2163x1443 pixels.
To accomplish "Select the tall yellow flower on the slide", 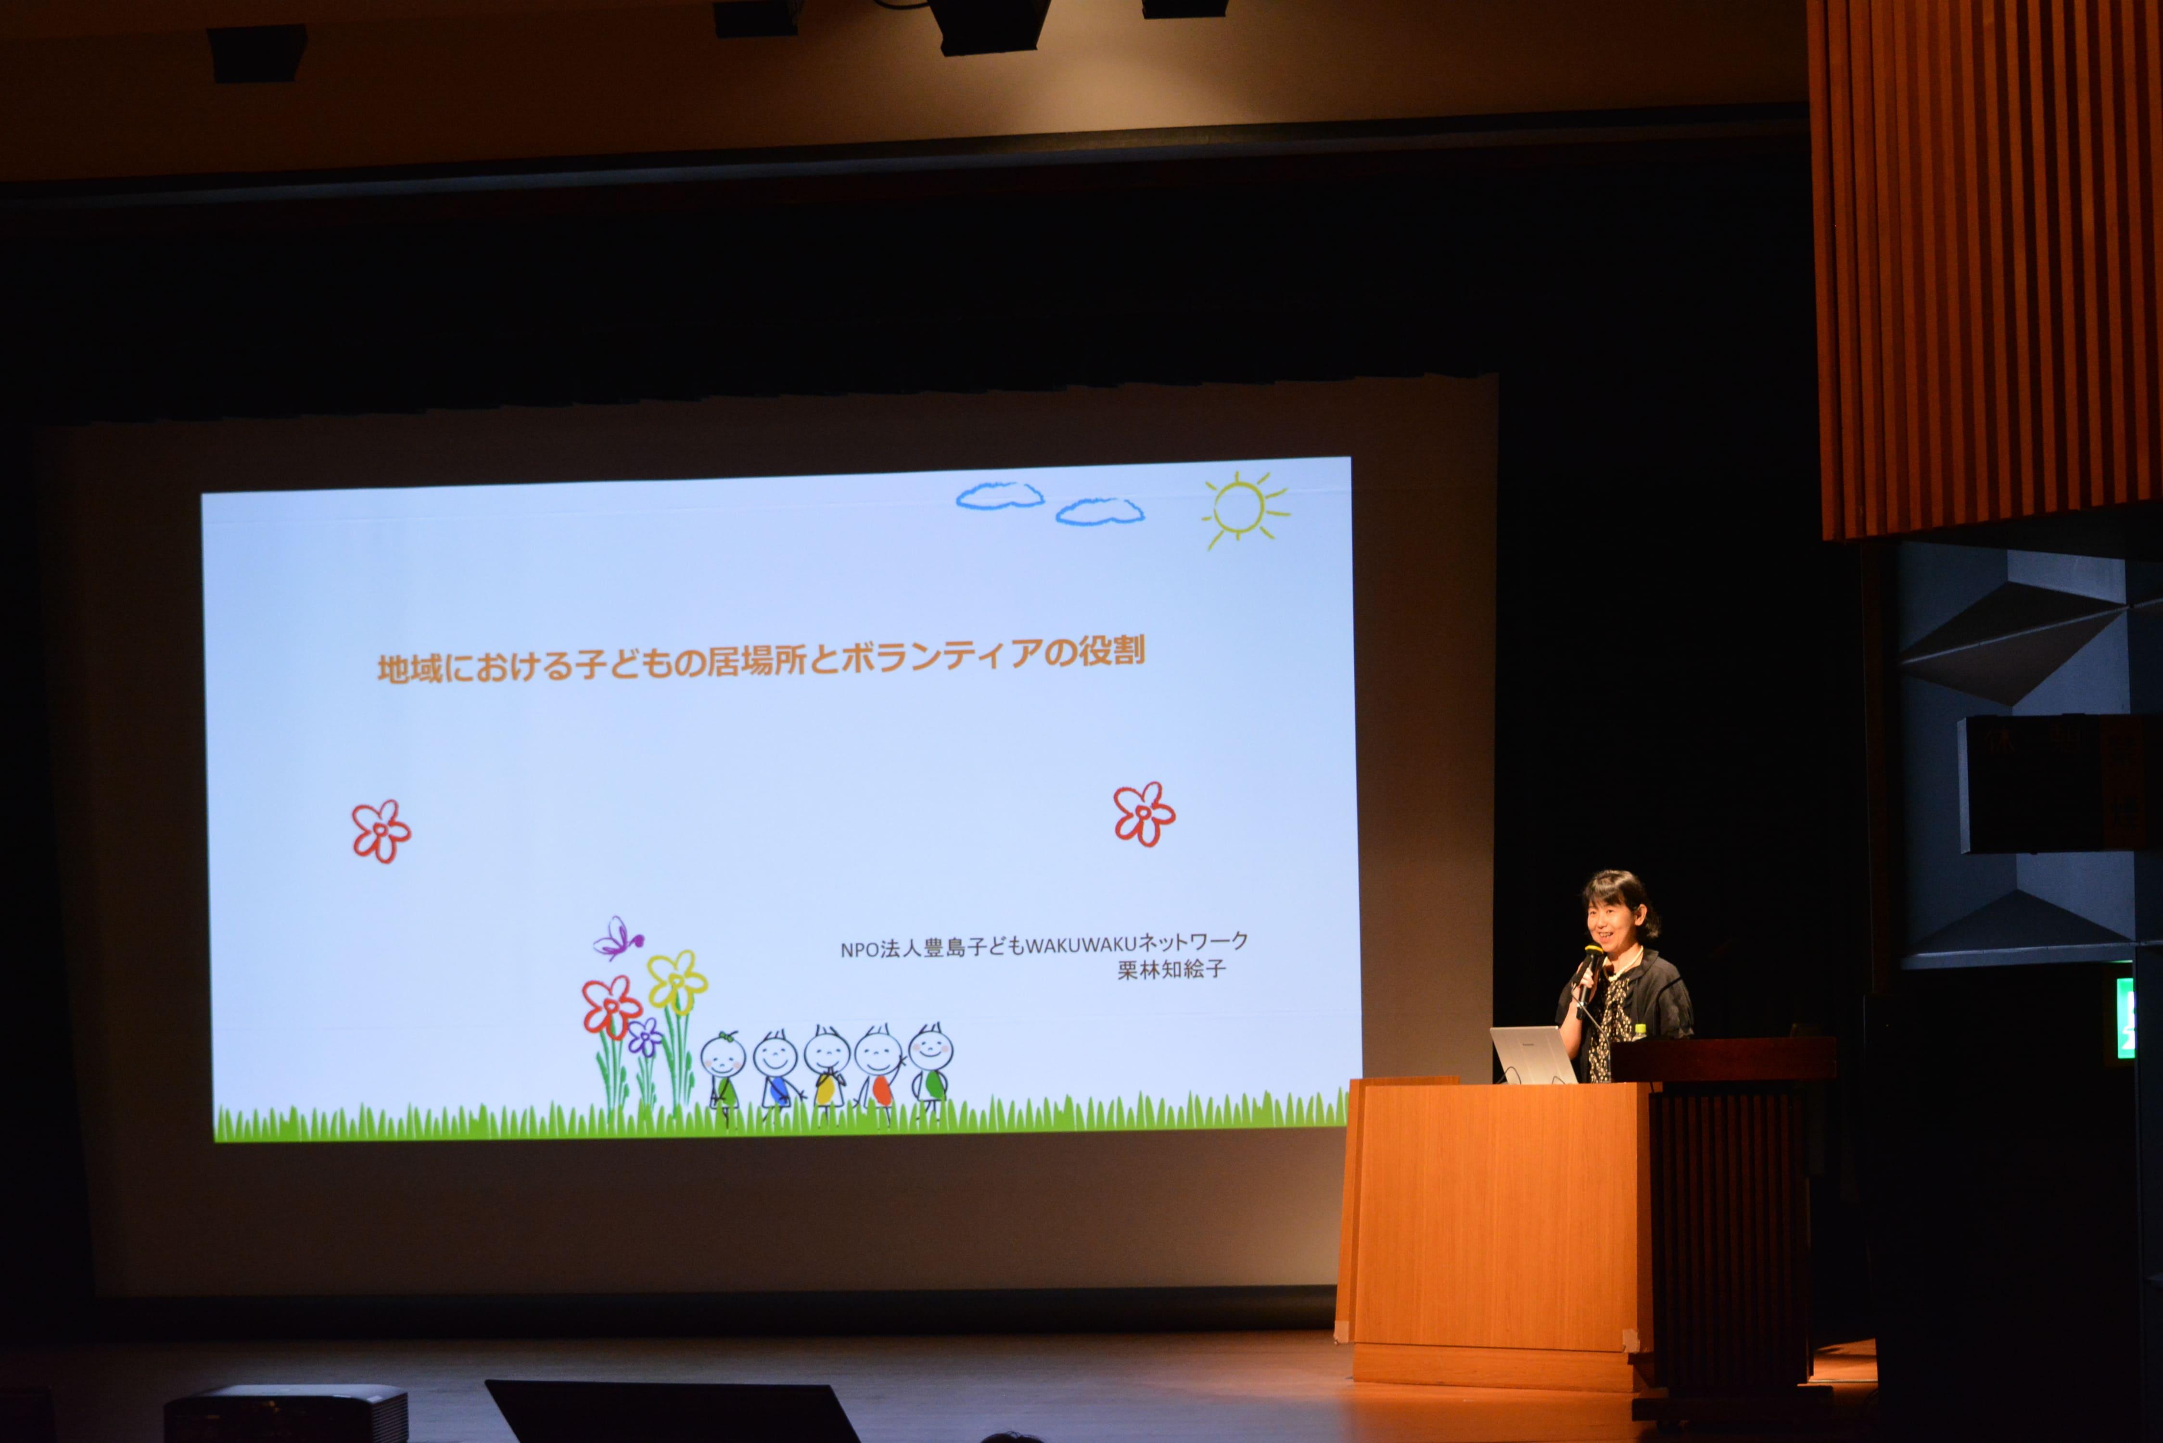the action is pos(677,981).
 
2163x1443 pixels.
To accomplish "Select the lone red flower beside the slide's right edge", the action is pos(1144,813).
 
